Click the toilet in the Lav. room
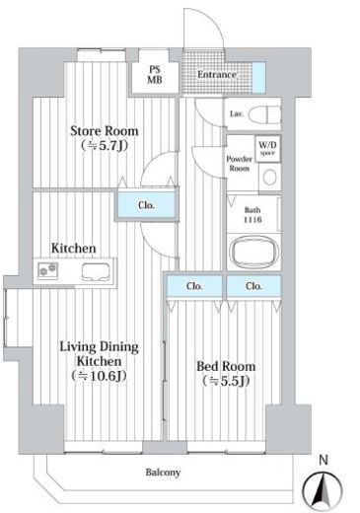coord(265,114)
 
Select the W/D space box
coord(268,149)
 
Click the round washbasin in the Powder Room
coord(270,178)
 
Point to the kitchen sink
coord(96,272)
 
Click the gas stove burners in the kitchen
coord(48,270)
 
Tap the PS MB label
coord(155,74)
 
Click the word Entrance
coord(217,74)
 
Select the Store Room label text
coord(105,131)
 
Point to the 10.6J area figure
coord(99,376)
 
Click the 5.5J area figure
coord(226,381)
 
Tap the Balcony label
coord(163,473)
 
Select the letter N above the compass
coord(324,460)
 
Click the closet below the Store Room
coord(146,204)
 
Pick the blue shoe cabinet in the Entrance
coord(258,77)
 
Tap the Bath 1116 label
coord(252,215)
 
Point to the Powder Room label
coord(240,164)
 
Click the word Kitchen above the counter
coord(74,248)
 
